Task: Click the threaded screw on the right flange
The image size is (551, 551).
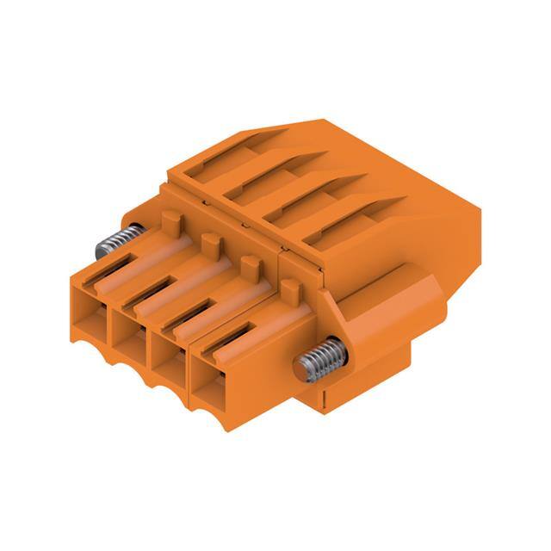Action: (323, 360)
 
